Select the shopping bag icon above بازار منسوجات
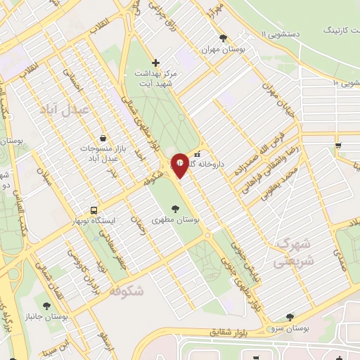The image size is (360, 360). point(104,139)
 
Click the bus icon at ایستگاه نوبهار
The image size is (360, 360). point(94,210)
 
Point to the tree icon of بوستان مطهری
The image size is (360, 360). point(174,208)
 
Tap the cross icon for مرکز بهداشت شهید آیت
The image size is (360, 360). point(155,63)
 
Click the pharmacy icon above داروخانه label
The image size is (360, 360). point(198,154)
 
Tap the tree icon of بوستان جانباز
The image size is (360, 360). point(46,306)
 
